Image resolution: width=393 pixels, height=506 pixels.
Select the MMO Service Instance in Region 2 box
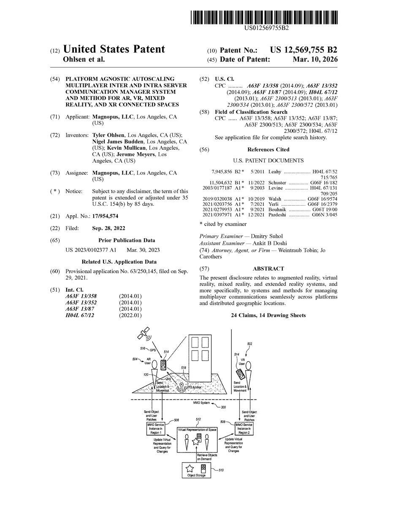click(x=244, y=429)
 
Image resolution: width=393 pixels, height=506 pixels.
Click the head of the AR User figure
click(x=154, y=363)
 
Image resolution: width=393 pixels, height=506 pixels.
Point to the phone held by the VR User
click(x=240, y=374)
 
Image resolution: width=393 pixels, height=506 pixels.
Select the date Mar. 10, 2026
click(x=315, y=60)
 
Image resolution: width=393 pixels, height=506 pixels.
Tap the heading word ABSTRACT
click(x=268, y=269)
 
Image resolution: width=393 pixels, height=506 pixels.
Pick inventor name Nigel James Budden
click(x=119, y=142)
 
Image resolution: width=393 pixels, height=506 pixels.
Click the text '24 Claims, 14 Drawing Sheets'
click(x=268, y=315)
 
